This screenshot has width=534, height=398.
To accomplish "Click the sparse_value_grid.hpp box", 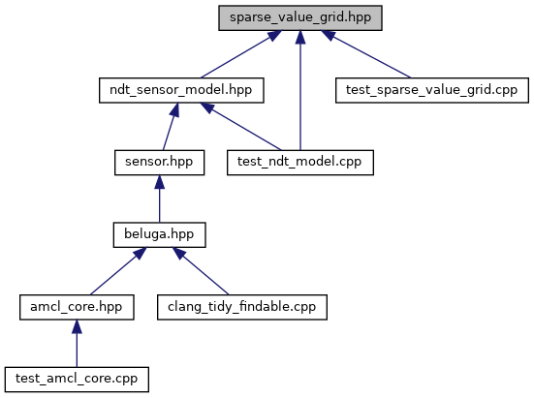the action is pyautogui.click(x=300, y=17).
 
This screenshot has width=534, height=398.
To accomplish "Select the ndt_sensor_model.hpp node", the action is pyautogui.click(x=181, y=90).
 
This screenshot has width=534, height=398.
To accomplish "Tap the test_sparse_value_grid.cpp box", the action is pyautogui.click(x=432, y=90).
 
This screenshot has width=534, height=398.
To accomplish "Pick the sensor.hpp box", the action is pyautogui.click(x=159, y=163).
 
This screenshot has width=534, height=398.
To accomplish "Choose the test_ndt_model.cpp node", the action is pyautogui.click(x=300, y=163).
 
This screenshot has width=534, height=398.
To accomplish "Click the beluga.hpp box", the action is pyautogui.click(x=159, y=235).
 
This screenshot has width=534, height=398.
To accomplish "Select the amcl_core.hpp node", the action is pyautogui.click(x=77, y=307).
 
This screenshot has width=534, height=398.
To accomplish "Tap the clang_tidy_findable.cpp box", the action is pyautogui.click(x=242, y=307).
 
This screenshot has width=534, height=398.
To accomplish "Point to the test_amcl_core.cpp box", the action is pyautogui.click(x=77, y=380).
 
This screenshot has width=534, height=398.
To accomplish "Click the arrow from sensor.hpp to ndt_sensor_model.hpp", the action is pyautogui.click(x=170, y=127).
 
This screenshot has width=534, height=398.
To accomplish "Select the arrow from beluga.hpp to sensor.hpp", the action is pyautogui.click(x=159, y=199).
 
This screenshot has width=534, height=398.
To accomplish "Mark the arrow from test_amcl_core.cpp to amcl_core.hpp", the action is pyautogui.click(x=77, y=344).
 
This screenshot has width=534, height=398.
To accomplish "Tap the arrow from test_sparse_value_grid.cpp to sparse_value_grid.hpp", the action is pyautogui.click(x=365, y=54).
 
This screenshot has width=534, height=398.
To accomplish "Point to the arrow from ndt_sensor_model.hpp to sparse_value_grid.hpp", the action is pyautogui.click(x=241, y=54).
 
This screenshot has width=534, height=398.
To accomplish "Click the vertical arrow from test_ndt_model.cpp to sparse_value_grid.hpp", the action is pyautogui.click(x=300, y=90).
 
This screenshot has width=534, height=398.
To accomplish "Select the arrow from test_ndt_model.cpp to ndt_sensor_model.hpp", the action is pyautogui.click(x=240, y=127).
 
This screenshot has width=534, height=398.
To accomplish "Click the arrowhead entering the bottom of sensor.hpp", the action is pyautogui.click(x=159, y=182).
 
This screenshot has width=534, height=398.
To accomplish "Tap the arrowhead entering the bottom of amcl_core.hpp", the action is pyautogui.click(x=77, y=326).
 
